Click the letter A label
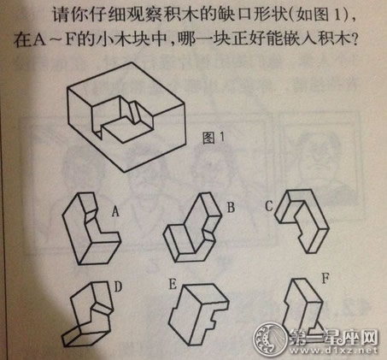click(x=115, y=211)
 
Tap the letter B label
click(x=231, y=207)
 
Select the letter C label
click(x=269, y=206)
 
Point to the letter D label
click(x=118, y=286)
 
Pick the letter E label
click(x=173, y=284)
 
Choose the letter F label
click(x=325, y=278)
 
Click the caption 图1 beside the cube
click(x=214, y=138)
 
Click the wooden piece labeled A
click(x=91, y=228)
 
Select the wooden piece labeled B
click(x=192, y=227)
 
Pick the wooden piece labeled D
click(x=88, y=314)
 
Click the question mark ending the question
click(x=354, y=40)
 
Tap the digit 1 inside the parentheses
click(x=337, y=15)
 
